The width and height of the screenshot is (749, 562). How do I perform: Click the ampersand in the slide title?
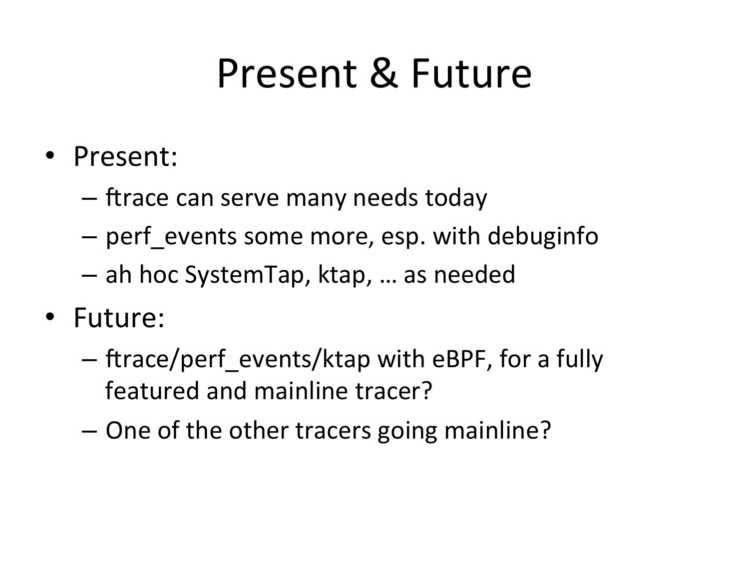pos(384,73)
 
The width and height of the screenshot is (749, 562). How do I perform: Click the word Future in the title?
pos(472,73)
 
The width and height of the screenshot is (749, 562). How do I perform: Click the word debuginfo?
pos(543,236)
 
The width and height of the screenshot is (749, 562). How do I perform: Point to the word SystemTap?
pos(244,275)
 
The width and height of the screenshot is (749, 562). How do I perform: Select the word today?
pos(456,198)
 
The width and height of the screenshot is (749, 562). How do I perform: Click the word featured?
pos(152,391)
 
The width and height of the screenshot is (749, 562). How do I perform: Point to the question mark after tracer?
pos(426,390)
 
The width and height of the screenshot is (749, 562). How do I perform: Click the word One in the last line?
pos(128,430)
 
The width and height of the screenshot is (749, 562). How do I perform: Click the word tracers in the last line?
pos(333,431)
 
